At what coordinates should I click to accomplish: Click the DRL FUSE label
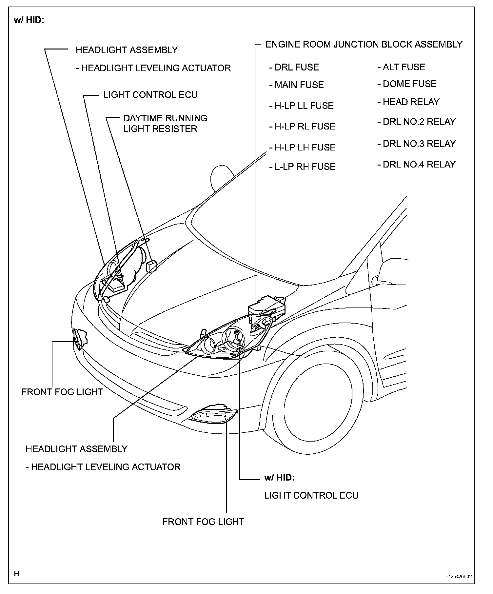pos(296,67)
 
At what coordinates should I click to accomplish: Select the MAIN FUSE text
pos(299,85)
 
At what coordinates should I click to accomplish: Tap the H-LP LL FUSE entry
pos(304,106)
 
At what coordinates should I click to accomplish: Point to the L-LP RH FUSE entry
pos(305,167)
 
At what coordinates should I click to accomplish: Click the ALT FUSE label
pos(404,67)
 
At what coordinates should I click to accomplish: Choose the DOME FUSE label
pos(409,84)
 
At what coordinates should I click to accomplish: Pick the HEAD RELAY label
pos(411,102)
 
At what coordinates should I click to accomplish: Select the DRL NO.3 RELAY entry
pos(419,144)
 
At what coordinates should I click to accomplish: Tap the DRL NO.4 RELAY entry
pos(419,164)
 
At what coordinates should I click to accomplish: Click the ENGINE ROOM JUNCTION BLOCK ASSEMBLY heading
pos(364,44)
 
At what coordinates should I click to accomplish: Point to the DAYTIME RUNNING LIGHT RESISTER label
pos(165,123)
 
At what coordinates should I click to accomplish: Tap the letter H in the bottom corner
pos(17,574)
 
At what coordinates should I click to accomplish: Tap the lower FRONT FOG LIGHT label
pos(203,522)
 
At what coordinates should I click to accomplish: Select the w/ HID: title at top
pos(29,20)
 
